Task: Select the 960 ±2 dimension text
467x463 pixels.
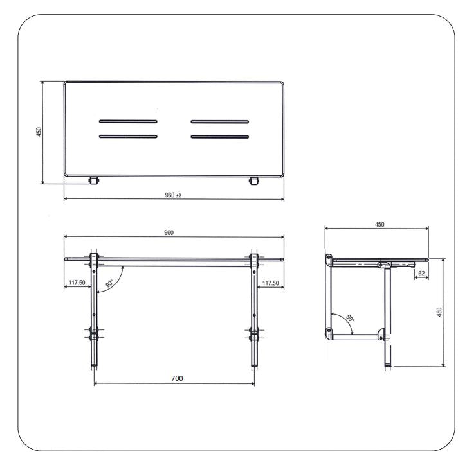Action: pos(173,195)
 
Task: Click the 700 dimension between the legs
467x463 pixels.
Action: pos(176,379)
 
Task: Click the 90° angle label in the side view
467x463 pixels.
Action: pos(349,319)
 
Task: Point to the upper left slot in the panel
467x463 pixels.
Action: pos(127,121)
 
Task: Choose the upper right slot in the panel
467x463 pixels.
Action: pos(219,121)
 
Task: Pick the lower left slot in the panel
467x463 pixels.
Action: pos(127,136)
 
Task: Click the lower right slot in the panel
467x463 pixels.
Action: pos(219,136)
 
